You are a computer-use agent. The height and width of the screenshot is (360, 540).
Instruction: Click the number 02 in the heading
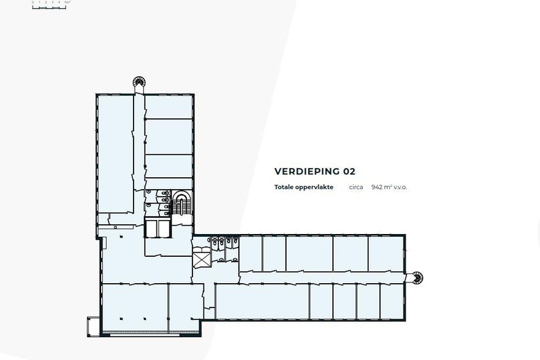click(x=349, y=172)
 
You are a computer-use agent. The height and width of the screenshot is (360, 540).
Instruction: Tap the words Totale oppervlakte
click(x=304, y=188)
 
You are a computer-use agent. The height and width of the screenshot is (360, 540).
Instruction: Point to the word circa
click(x=356, y=188)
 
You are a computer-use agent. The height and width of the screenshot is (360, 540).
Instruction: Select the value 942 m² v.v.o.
click(x=389, y=188)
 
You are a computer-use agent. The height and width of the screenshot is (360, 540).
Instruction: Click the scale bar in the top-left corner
click(x=50, y=6)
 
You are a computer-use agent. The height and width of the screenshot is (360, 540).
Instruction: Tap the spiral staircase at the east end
click(x=416, y=278)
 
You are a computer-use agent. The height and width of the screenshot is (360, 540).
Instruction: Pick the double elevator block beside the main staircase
click(x=158, y=228)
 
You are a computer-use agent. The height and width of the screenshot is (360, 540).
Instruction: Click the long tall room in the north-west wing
click(x=115, y=152)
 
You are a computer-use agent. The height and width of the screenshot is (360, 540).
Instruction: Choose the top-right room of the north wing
click(x=169, y=107)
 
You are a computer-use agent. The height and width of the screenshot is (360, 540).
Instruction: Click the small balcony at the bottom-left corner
click(x=93, y=327)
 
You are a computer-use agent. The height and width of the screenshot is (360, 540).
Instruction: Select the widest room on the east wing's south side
click(x=262, y=302)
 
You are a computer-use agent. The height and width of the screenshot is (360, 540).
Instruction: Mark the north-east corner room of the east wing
click(x=386, y=254)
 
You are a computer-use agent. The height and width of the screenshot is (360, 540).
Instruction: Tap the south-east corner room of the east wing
click(x=392, y=302)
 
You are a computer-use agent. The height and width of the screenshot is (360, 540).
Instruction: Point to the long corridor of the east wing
click(x=318, y=278)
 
